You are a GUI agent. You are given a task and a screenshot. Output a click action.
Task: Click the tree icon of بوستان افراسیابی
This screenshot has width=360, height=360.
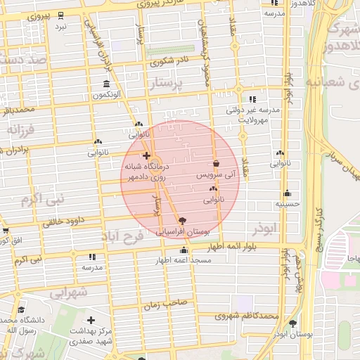click(x=184, y=219)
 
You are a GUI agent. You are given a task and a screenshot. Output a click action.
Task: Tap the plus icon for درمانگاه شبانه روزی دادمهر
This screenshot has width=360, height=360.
click(x=146, y=155)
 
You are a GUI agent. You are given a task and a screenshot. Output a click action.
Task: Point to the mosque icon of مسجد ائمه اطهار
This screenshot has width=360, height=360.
click(x=184, y=250)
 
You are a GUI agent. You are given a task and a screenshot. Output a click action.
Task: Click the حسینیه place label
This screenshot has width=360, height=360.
click(x=287, y=204)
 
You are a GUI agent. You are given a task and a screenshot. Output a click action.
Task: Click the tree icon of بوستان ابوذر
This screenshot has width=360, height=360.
click(x=292, y=323)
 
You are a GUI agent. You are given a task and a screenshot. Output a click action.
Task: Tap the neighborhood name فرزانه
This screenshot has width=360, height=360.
click(x=22, y=129)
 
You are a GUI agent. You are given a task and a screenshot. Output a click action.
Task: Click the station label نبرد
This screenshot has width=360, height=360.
click(x=61, y=26)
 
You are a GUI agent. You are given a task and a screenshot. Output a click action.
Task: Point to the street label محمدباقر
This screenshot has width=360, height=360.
click(x=18, y=110)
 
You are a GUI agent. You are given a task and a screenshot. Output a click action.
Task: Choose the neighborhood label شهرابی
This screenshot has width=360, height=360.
click(x=68, y=291)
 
